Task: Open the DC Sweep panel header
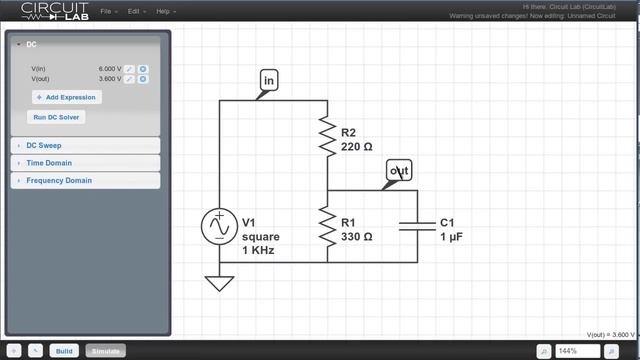[x=43, y=145]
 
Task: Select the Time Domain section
[x=48, y=163]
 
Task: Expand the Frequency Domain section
[x=58, y=181]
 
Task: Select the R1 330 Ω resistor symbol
[x=327, y=227]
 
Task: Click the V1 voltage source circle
[x=218, y=227]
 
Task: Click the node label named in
[x=269, y=80]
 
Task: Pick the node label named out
[x=399, y=171]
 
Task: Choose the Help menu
[x=164, y=11]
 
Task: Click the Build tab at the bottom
[x=64, y=351]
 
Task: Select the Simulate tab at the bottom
[x=105, y=351]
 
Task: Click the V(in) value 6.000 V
[x=110, y=68]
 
